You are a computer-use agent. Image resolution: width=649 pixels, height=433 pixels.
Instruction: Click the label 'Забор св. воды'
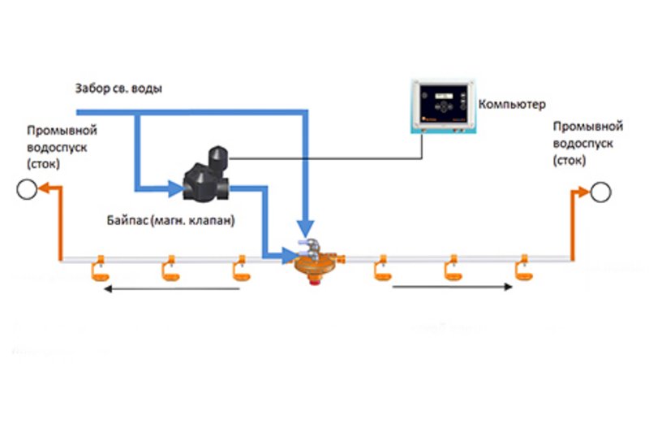coord(118,89)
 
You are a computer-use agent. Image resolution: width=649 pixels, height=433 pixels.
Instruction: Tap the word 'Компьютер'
coord(512,104)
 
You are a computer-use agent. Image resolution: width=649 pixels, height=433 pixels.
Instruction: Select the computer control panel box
coord(441,106)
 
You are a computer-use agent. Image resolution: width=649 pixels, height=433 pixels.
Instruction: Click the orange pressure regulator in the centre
coord(316,259)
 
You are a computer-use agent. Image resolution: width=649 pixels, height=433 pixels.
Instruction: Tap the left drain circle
coord(25,191)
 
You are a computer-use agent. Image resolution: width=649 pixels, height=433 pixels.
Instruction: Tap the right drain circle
coord(601,193)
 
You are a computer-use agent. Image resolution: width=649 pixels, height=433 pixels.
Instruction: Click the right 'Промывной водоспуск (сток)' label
coord(587,143)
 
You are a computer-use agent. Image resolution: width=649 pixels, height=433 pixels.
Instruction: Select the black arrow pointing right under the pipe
coord(454,286)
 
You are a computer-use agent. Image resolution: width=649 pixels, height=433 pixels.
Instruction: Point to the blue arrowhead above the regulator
coord(305,227)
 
